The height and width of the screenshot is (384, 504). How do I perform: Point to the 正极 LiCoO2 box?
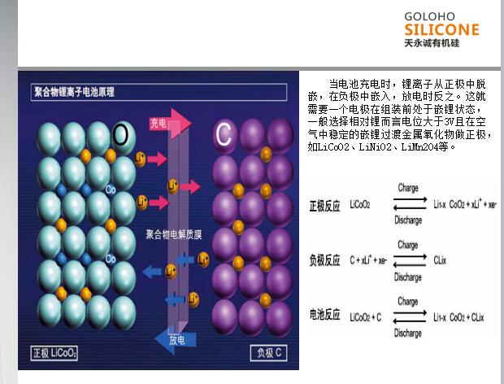click(55, 353)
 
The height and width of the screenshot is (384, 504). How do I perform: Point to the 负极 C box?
click(269, 353)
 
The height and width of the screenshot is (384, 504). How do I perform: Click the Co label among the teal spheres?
click(111, 189)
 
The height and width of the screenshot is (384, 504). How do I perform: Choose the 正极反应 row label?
click(324, 205)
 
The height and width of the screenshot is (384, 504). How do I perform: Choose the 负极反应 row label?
click(324, 261)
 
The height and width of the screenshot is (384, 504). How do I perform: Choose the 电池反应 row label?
click(324, 316)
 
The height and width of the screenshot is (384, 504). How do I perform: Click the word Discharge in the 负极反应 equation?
click(407, 277)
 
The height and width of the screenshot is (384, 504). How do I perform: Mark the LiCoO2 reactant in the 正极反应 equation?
click(360, 205)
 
